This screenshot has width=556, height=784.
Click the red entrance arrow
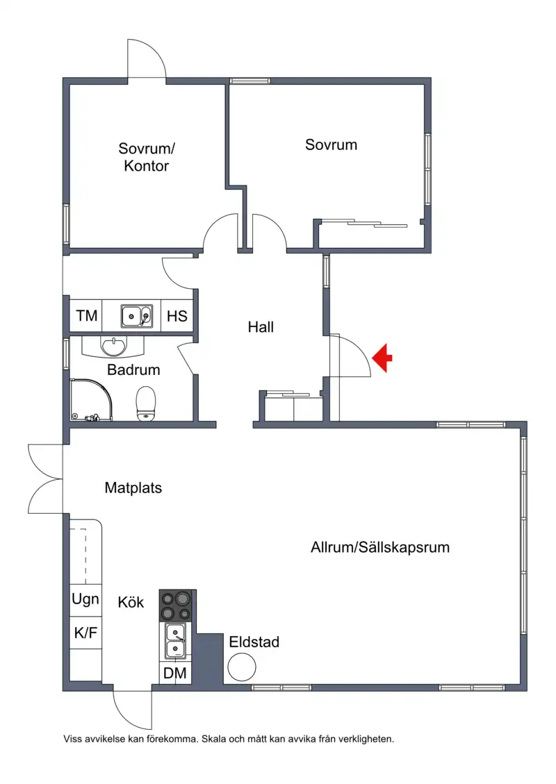[x=382, y=358]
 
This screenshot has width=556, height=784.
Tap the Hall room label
[x=261, y=327]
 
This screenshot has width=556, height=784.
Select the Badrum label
[x=133, y=369]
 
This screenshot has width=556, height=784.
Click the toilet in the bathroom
[x=146, y=403]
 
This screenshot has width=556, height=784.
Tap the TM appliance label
[x=87, y=315]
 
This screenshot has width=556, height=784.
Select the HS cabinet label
[x=177, y=316]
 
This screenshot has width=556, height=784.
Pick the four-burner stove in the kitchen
[x=176, y=606]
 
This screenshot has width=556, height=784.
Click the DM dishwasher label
[x=175, y=673]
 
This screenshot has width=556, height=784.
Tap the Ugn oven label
[x=85, y=599]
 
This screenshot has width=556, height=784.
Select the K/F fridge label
[x=85, y=633]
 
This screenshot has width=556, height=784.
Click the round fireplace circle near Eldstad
[x=242, y=667]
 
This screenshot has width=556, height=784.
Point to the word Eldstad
[x=254, y=642]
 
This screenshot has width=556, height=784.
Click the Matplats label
[x=133, y=487]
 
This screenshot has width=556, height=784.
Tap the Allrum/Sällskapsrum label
[x=380, y=547]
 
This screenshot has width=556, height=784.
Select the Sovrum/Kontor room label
[x=147, y=157]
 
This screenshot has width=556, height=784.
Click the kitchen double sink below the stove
[x=175, y=641]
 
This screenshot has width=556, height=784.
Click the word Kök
[x=131, y=602]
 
